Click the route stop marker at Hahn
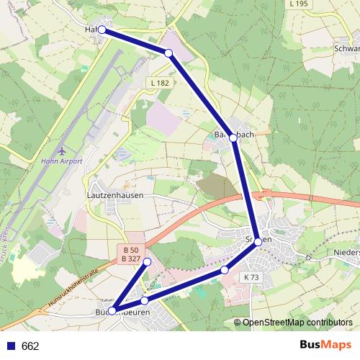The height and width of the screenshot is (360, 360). (x=102, y=30)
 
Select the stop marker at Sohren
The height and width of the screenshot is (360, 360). (x=258, y=241)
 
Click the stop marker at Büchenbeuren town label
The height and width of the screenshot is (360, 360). (x=112, y=310)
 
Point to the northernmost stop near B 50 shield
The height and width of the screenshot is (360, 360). (x=147, y=261)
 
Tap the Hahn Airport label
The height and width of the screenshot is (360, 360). (x=63, y=161)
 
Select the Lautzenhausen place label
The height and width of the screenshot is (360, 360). (x=114, y=195)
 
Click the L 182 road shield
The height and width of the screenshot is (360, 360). (x=161, y=84)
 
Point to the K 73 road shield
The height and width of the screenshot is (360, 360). (x=251, y=277)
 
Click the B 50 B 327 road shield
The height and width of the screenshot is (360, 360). (x=130, y=254)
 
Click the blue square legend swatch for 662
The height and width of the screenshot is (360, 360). (x=12, y=346)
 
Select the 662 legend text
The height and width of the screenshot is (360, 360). (x=30, y=346)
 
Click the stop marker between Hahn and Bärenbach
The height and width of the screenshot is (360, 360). (x=168, y=53)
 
